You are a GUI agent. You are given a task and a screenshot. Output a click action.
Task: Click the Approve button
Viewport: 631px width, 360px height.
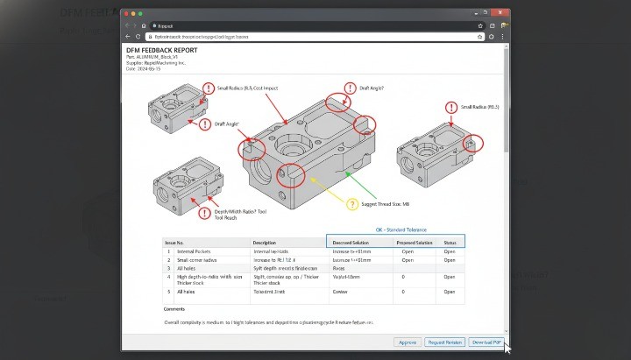click(x=407, y=342)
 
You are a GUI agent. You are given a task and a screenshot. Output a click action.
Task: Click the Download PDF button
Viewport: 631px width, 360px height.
click(x=486, y=342)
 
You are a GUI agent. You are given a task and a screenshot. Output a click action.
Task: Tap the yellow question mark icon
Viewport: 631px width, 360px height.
click(x=352, y=204)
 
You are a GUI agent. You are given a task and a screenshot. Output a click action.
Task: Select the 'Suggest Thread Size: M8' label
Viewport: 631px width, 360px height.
click(x=386, y=204)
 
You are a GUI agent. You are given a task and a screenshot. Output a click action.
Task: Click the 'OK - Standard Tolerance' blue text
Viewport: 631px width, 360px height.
click(x=401, y=229)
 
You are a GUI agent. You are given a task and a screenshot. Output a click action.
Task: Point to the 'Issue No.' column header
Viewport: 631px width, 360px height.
click(x=174, y=242)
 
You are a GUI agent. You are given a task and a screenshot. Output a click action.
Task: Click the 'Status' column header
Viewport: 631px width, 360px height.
click(x=450, y=242)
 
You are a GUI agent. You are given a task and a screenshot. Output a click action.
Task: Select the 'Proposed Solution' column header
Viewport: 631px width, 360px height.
click(x=413, y=242)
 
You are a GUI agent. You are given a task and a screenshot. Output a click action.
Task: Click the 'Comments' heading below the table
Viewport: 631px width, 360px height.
click(x=174, y=309)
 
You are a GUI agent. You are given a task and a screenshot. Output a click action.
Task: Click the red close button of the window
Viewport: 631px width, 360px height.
click(x=127, y=15)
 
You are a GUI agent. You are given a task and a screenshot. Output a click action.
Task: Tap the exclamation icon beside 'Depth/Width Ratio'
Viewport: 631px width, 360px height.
click(x=204, y=213)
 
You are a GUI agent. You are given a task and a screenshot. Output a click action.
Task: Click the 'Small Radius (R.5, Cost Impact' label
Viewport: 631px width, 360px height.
click(x=247, y=88)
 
